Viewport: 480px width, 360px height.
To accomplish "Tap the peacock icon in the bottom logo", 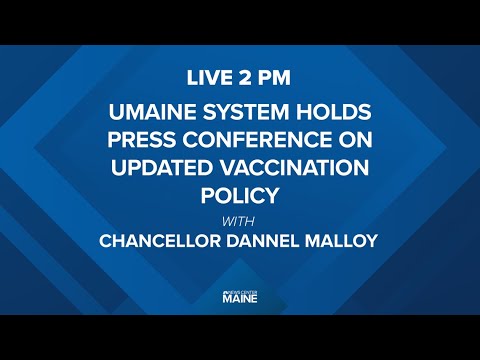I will [226, 290].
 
